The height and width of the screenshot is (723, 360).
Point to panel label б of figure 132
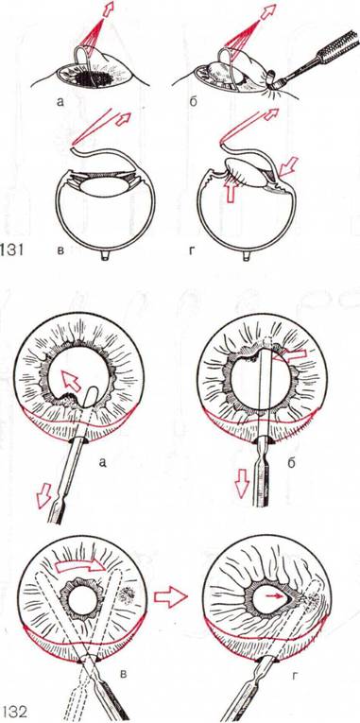291,462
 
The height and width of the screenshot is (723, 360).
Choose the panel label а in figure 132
102,461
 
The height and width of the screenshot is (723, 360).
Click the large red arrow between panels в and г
170,597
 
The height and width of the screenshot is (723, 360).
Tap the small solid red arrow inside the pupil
273,595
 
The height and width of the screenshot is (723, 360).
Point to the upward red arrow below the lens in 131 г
231,190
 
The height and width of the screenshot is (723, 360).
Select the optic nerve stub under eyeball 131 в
105,255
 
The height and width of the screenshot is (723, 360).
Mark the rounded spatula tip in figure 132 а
91,396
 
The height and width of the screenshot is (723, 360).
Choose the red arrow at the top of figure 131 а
108,9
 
